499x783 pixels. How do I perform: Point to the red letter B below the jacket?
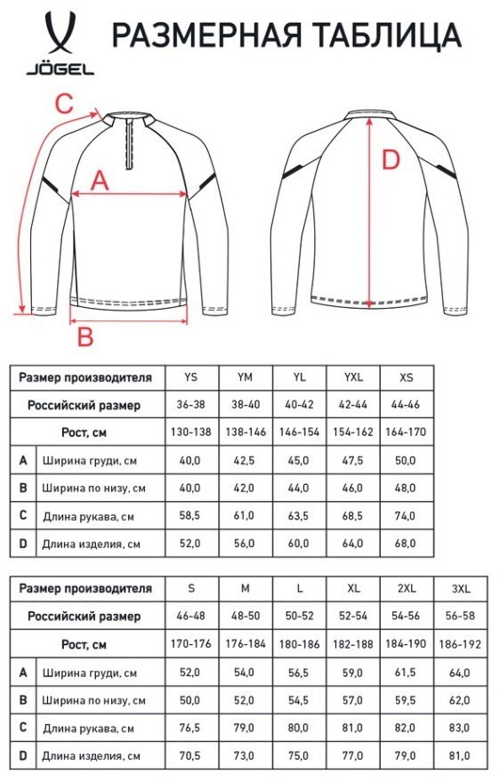(x=84, y=336)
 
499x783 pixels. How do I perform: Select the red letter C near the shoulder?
(x=61, y=103)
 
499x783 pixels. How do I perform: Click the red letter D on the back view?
(x=390, y=161)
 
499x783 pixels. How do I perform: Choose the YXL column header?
(x=353, y=377)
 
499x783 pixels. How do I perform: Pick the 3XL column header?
(x=463, y=588)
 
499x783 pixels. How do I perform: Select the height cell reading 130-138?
(x=189, y=432)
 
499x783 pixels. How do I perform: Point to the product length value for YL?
(x=298, y=543)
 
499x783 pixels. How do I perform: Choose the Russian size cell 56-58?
(x=463, y=616)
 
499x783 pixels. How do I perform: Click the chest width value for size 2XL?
(x=408, y=672)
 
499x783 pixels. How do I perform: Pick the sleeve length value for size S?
(x=189, y=727)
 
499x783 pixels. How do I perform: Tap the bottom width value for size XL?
(x=353, y=699)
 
